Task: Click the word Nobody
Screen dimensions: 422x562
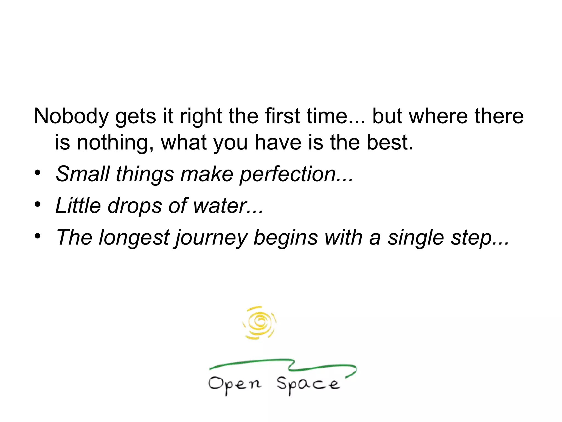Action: click(71, 116)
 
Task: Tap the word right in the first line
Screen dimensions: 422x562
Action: click(201, 116)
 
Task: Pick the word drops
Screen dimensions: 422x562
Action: click(135, 206)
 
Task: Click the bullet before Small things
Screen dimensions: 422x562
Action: click(38, 173)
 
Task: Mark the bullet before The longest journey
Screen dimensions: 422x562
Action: click(38, 236)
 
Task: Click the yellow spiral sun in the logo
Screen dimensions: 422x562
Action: click(259, 322)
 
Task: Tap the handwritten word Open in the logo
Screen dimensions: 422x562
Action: click(235, 384)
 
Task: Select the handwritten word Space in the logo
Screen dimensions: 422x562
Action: click(308, 384)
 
